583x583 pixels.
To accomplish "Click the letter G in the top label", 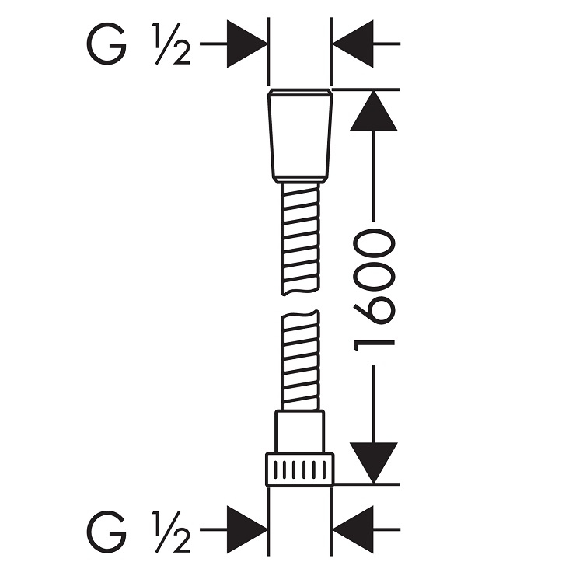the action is (106, 44).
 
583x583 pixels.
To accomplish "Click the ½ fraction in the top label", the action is (172, 44).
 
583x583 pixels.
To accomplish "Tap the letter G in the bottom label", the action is (106, 532).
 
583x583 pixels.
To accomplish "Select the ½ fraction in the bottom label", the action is (172, 532).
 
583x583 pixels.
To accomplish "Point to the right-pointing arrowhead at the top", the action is (247, 44).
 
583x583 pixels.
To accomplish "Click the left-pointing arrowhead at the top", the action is (353, 44).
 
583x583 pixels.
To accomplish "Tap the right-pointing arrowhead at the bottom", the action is (247, 529).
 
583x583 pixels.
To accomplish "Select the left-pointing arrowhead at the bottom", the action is (353, 529).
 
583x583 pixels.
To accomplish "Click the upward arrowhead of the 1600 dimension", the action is (373, 110).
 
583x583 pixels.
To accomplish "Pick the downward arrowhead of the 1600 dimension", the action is (373, 463).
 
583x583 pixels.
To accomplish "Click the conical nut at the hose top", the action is (300, 136).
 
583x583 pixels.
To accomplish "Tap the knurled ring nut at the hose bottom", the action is (300, 470).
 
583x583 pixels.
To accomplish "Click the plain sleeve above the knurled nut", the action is (300, 431).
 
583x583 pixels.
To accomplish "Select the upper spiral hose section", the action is (300, 239).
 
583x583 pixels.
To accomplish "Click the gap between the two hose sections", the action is (300, 303).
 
